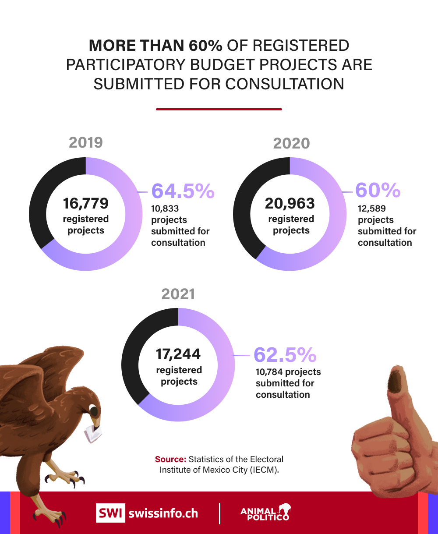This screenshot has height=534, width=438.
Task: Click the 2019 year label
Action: coord(86,143)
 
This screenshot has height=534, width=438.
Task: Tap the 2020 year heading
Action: coord(291,143)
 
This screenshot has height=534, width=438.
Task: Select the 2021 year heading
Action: coord(178,294)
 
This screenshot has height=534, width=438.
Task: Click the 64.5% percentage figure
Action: coord(183,191)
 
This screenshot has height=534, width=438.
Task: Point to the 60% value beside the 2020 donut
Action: coord(378,190)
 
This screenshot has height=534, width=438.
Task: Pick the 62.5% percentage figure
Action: coord(285,355)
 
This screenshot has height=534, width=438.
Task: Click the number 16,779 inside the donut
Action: coord(85,203)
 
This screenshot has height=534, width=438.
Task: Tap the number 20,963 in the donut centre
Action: coord(290,203)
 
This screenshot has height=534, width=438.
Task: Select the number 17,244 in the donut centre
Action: coord(178,354)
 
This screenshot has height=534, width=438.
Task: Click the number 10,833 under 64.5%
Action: coord(165,209)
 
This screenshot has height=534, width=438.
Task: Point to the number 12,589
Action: coord(372,209)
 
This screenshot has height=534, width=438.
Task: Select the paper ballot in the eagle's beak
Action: coord(93,433)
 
